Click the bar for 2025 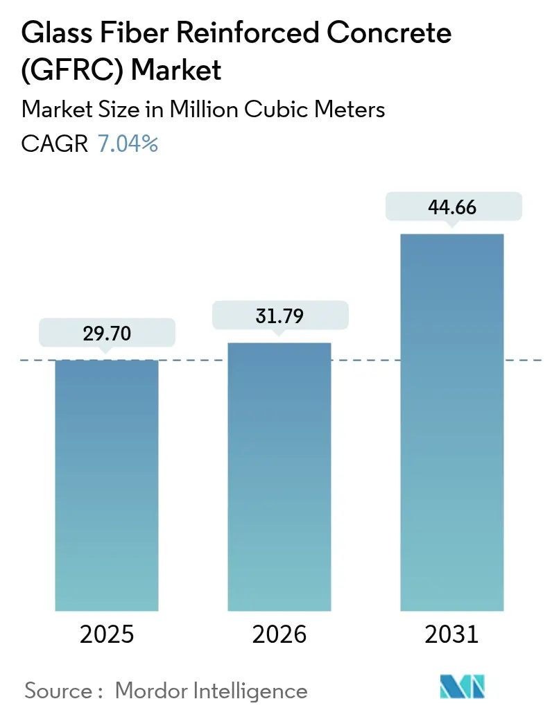point(107,485)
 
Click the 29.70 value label point(107,334)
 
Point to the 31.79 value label point(279,316)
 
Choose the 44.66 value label point(452,207)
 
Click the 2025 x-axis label point(107,634)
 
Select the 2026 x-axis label point(279,634)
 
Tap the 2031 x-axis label point(452,634)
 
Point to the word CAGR point(55,144)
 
